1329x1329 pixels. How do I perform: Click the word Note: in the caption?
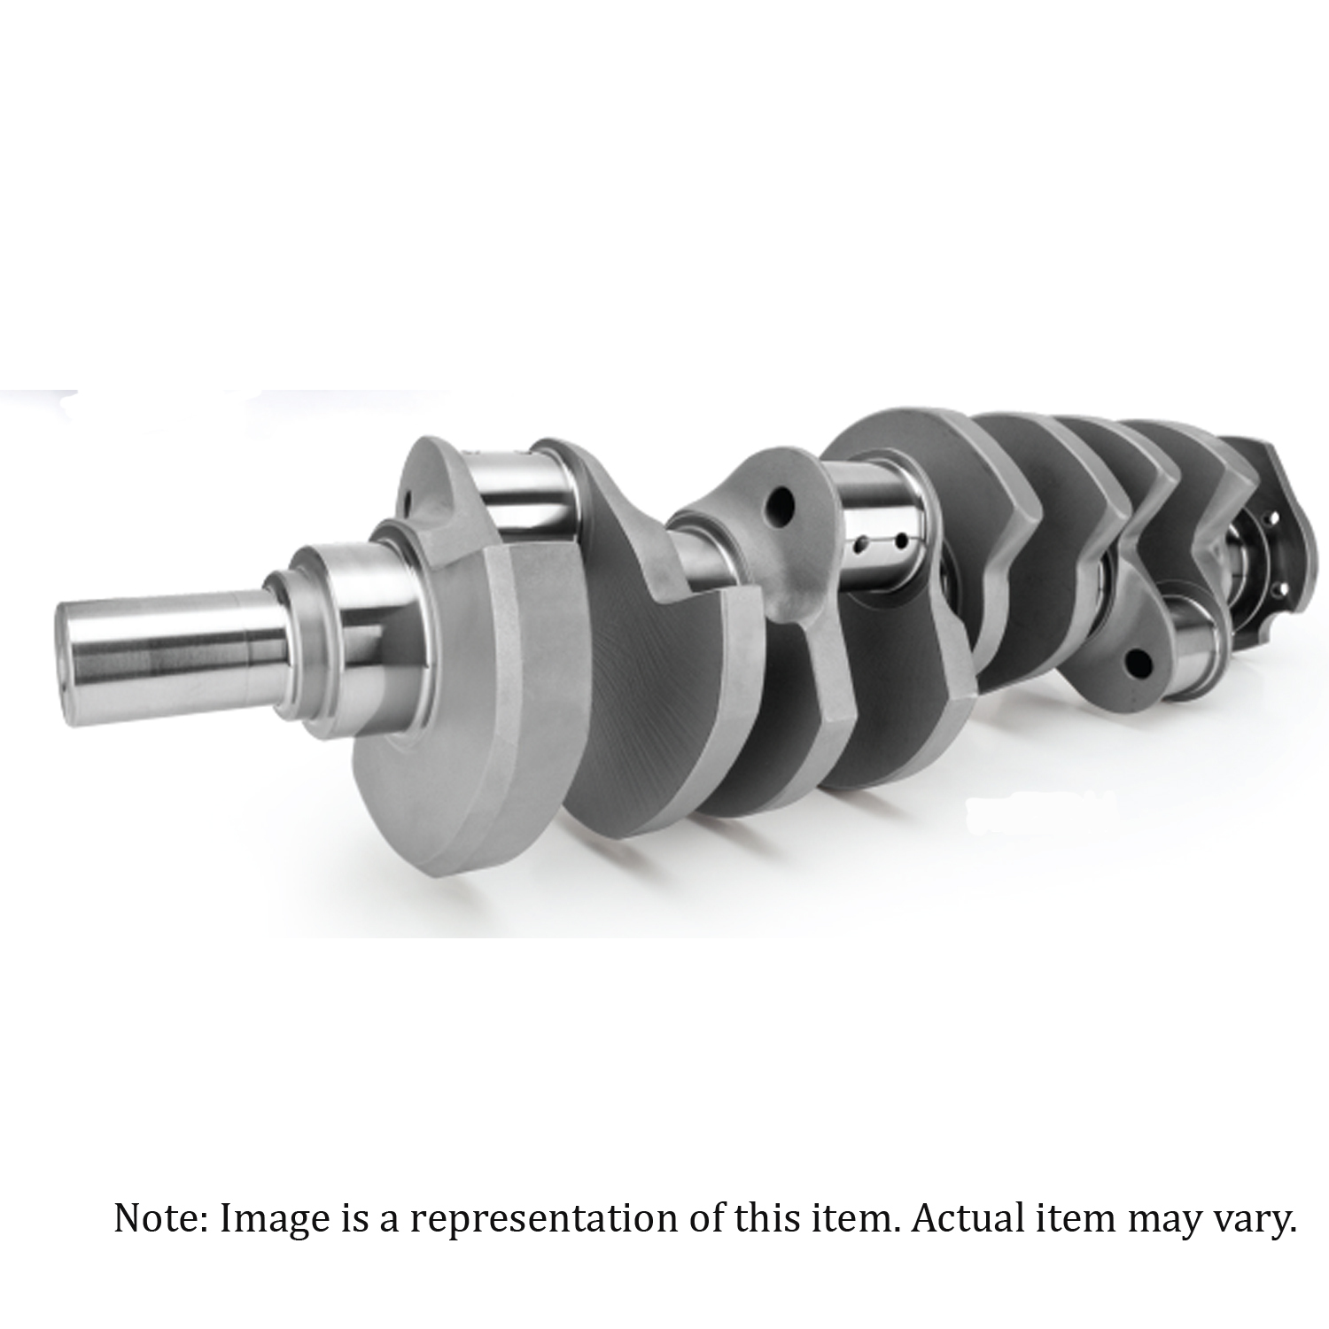161,1219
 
